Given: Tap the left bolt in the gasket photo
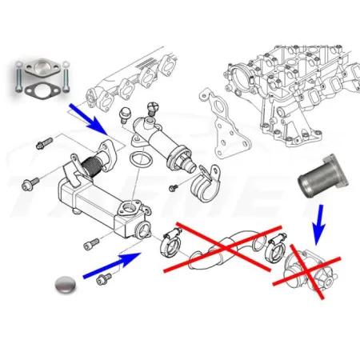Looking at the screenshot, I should coord(15,79).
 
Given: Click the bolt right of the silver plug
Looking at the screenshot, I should coord(104,280).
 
